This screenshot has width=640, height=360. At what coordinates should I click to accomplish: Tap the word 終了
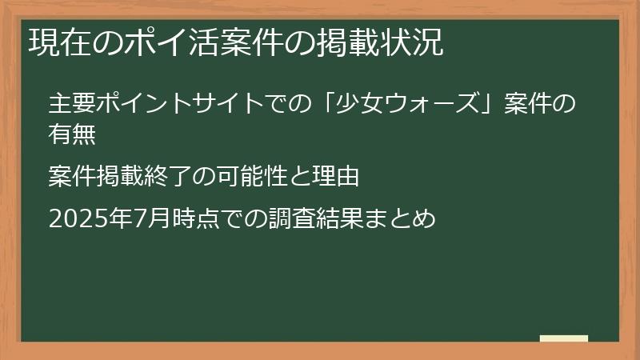point(170,177)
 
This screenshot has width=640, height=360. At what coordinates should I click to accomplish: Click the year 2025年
point(79,218)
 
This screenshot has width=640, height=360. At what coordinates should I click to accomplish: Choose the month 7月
point(129,218)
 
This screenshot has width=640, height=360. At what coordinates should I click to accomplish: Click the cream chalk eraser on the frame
point(564,338)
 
